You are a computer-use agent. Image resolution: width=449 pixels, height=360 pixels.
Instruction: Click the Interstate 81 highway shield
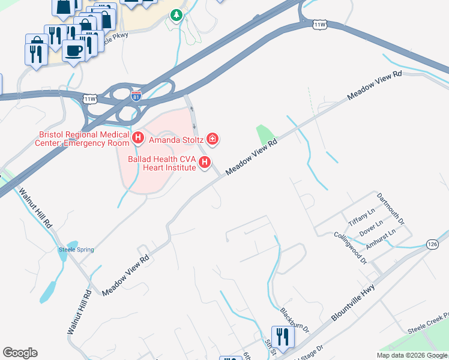[137, 95]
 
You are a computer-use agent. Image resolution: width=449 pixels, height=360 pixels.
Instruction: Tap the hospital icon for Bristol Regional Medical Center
[138, 139]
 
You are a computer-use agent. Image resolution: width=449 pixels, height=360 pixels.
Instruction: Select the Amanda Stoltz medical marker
[212, 139]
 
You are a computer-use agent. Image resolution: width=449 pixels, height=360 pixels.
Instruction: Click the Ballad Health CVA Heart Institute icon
[205, 162]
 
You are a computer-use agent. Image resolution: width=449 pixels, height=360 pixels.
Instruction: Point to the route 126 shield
[432, 244]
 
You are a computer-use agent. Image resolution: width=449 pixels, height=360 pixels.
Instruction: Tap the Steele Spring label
[76, 250]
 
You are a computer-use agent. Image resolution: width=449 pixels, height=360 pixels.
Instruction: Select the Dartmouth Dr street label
[391, 209]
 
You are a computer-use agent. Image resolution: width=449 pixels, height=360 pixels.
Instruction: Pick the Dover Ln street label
[371, 226]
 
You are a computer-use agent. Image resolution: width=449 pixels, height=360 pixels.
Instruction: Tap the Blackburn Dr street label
[295, 320]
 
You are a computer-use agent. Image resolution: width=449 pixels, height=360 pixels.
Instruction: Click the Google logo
[20, 353]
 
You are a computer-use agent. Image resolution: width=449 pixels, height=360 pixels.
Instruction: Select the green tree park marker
[176, 15]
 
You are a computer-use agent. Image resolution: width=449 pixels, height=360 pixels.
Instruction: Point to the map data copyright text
[411, 355]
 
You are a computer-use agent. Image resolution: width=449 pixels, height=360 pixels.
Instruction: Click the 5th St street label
[268, 347]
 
